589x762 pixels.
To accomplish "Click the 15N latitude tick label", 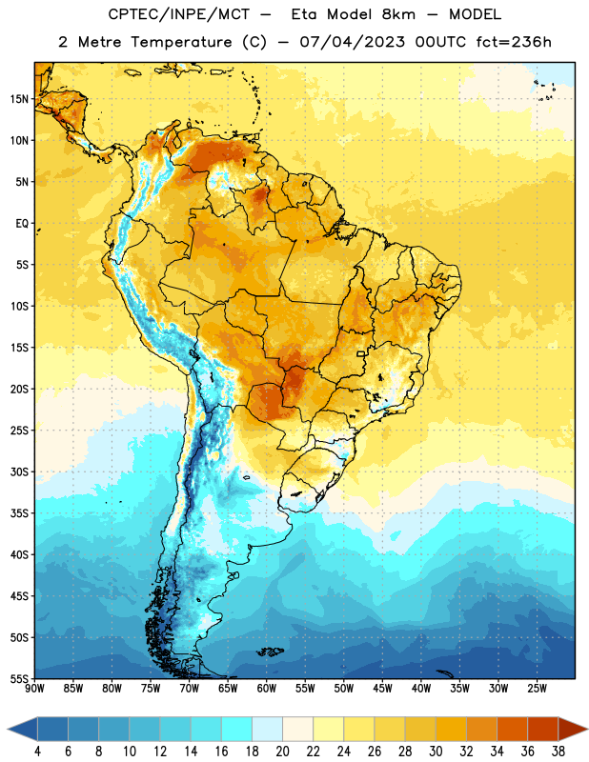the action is tap(19, 99).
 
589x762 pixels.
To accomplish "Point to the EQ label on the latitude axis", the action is tap(22, 224).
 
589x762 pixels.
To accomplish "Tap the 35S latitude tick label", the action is tap(19, 513).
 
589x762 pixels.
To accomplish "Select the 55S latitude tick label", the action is tap(19, 679).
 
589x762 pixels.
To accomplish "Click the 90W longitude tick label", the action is tap(34, 689).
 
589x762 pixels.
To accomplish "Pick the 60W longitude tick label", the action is tap(267, 689).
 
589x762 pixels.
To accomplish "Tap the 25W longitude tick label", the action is tap(537, 689).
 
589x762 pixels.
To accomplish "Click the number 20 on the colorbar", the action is tap(282, 752).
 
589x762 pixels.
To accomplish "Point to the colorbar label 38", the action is tap(559, 752).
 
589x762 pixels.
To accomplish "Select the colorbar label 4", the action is tap(37, 752).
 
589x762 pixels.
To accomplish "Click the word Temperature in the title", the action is tap(181, 42).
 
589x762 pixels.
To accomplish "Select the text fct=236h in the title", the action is tap(514, 42).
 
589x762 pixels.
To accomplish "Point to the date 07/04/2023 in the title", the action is tap(352, 42).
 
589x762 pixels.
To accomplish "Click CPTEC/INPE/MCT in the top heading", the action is tap(178, 14).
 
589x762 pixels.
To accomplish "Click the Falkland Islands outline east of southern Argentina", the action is tap(271, 652).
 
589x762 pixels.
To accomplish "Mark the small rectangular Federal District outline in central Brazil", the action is tap(361, 353).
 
